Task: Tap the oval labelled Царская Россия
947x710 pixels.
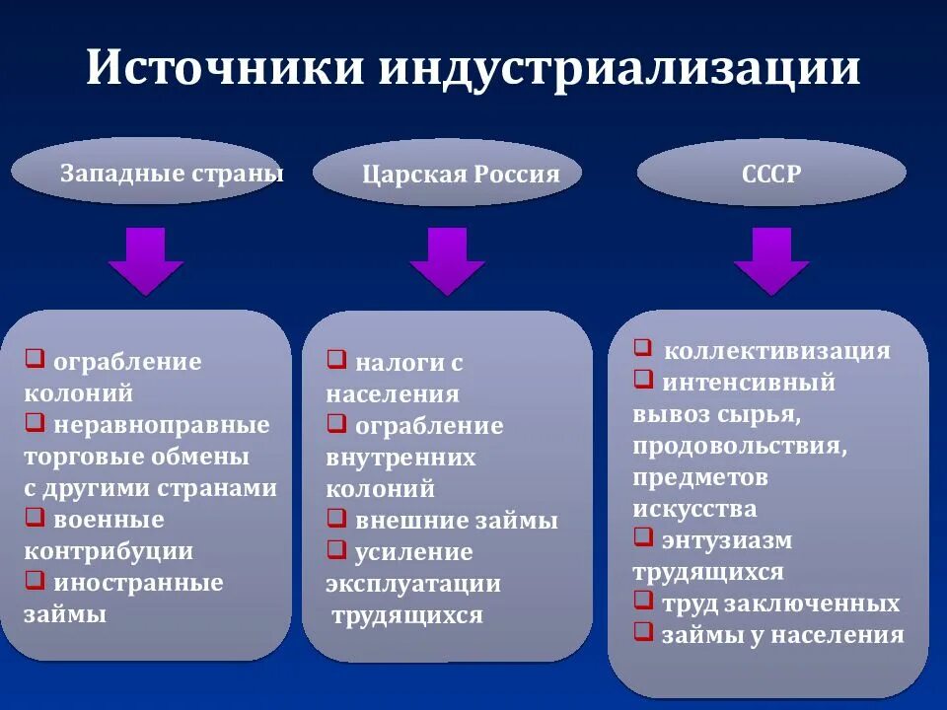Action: coord(448,175)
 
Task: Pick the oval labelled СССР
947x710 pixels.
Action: coord(771,174)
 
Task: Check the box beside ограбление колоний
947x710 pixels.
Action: coord(35,360)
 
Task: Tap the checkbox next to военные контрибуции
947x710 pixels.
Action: coord(35,518)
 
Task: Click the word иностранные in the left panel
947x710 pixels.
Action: coord(138,583)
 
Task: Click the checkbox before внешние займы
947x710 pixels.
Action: coord(336,519)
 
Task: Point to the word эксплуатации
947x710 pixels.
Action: coord(413,584)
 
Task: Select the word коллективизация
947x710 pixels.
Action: coord(777,351)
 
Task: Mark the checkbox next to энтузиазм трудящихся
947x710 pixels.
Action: coord(643,538)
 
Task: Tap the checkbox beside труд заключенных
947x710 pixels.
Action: coord(643,602)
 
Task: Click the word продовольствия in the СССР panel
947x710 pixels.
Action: coord(740,446)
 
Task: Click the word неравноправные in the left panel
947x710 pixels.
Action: coord(162,425)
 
